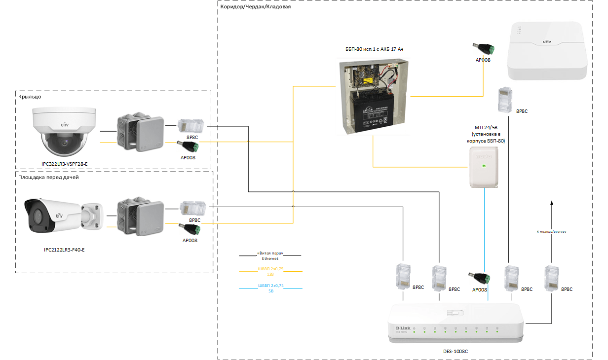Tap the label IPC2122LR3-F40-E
64,250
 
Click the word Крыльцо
30,97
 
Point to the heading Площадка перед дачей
48,177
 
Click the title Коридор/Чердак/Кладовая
256,7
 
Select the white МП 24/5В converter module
484,168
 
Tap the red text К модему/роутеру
551,231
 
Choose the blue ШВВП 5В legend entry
270,288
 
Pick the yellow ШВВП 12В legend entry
270,271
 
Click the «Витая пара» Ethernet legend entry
270,255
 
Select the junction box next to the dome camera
140,134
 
